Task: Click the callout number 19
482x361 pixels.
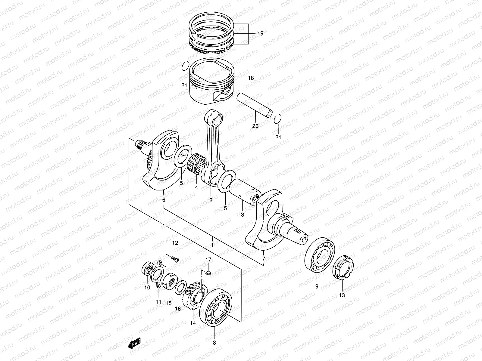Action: [x=260, y=34]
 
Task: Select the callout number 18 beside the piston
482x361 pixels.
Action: [x=251, y=78]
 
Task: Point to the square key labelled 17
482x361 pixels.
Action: [x=208, y=273]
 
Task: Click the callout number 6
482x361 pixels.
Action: [x=164, y=200]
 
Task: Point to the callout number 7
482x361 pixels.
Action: [x=264, y=259]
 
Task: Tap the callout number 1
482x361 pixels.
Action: [x=212, y=245]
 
